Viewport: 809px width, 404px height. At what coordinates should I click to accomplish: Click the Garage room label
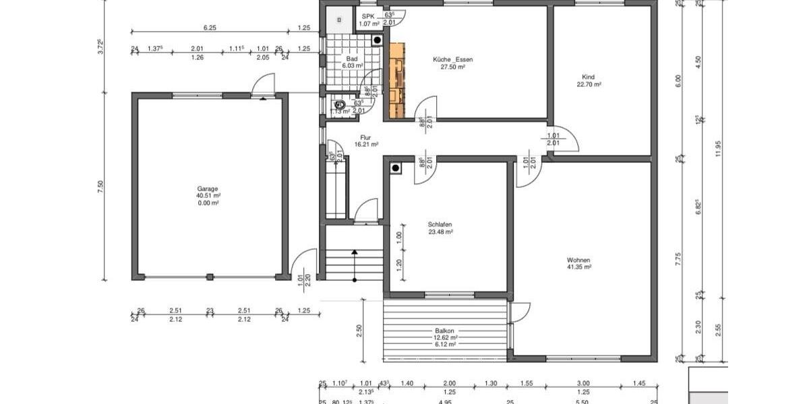coord(208,189)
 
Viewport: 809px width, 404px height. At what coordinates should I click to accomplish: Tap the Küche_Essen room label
coord(452,59)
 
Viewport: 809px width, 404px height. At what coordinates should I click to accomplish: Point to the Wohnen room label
coord(578,260)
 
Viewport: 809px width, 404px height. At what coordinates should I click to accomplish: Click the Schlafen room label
coord(440,224)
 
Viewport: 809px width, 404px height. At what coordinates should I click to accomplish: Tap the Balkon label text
coord(444,331)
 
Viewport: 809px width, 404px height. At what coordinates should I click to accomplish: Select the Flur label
coord(365,137)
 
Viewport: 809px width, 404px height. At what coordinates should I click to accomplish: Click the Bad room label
coord(351,59)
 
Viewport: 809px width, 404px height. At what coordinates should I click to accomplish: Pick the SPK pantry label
coord(367,16)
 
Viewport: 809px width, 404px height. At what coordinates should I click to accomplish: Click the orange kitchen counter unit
coord(397,80)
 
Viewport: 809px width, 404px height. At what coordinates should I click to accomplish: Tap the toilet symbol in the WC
coord(340,104)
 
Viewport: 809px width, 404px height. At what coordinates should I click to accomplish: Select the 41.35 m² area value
coord(578,267)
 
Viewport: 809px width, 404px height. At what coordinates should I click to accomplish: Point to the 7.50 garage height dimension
coord(102,187)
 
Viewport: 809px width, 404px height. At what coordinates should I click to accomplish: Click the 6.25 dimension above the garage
coord(210,28)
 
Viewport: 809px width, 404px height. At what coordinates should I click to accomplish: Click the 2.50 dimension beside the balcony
coord(360,330)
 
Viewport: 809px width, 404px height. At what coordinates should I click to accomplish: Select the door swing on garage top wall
coord(260,86)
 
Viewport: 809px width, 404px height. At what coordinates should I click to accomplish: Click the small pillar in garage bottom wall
coord(210,277)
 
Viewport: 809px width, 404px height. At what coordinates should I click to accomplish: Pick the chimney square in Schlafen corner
coord(396,168)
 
